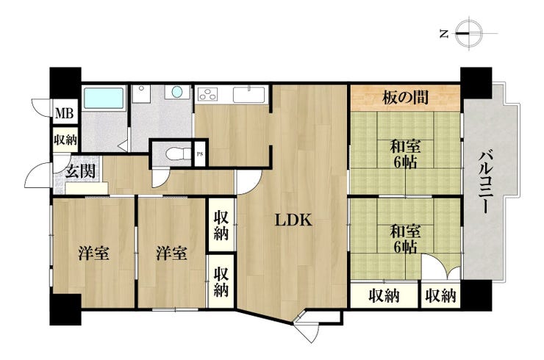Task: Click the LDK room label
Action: tap(293, 220)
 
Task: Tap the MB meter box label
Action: tap(65, 113)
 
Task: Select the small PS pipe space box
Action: tap(200, 154)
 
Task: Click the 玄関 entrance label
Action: tap(80, 171)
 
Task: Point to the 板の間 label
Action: tap(405, 98)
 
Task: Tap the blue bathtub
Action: tap(104, 98)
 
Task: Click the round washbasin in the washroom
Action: tap(177, 92)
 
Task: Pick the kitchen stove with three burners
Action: tap(207, 95)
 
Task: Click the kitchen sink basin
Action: tap(248, 95)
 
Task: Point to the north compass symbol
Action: tap(469, 34)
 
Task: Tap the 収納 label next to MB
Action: tap(65, 140)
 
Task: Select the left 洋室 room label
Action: tap(93, 253)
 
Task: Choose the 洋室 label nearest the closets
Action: tap(171, 253)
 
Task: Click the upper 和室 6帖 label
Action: tap(405, 155)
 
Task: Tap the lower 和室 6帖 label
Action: tap(405, 240)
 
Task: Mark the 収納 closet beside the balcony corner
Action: tap(440, 295)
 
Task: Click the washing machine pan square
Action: tap(140, 93)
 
